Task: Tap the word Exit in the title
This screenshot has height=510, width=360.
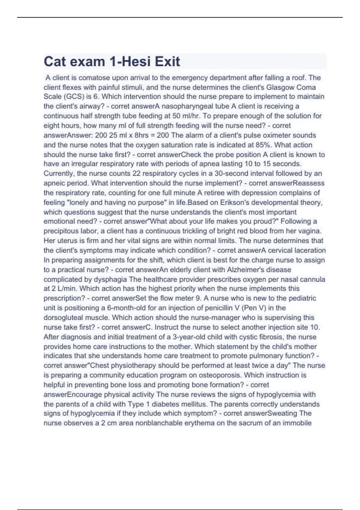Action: click(167, 61)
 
